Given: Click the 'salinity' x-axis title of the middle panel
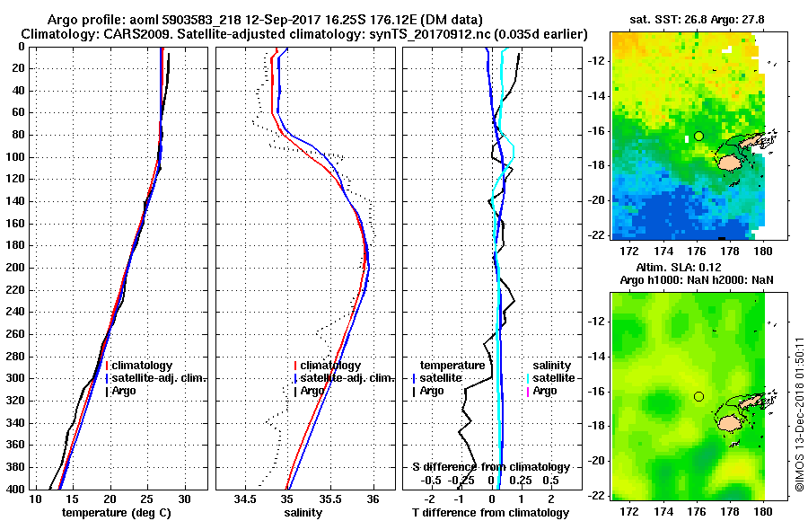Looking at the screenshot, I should (303, 513).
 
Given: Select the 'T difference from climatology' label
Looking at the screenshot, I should (491, 513).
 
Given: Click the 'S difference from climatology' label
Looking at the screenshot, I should (491, 467).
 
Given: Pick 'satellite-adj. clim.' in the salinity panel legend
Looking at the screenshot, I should (347, 378).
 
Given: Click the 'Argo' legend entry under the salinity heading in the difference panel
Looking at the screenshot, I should (545, 391).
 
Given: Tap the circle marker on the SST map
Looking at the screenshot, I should (698, 136).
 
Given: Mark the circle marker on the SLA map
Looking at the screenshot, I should (698, 396).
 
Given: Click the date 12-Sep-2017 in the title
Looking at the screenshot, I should (244, 20).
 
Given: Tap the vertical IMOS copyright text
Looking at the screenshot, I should (799, 414).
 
